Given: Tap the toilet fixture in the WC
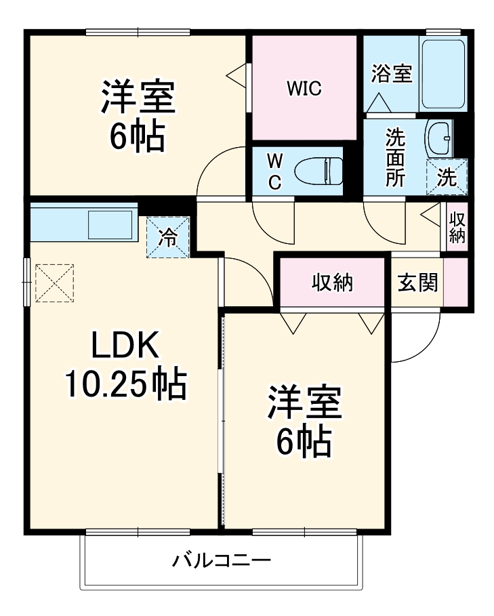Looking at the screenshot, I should [x=323, y=170].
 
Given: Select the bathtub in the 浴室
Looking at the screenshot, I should [x=442, y=75].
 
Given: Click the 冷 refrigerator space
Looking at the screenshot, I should [x=167, y=237].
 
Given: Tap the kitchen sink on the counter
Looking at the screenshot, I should [x=110, y=224].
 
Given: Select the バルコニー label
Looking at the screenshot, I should [x=222, y=561].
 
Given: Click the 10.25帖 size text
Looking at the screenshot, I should [x=125, y=385].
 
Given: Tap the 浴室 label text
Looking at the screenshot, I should [x=392, y=73].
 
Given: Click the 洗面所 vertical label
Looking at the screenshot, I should [x=395, y=157].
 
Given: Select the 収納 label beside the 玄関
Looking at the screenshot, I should [x=333, y=283].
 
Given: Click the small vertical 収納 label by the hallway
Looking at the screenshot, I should [x=457, y=228].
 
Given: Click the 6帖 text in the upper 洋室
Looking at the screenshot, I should [x=138, y=138].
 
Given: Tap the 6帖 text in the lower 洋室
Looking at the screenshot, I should [x=303, y=441].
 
